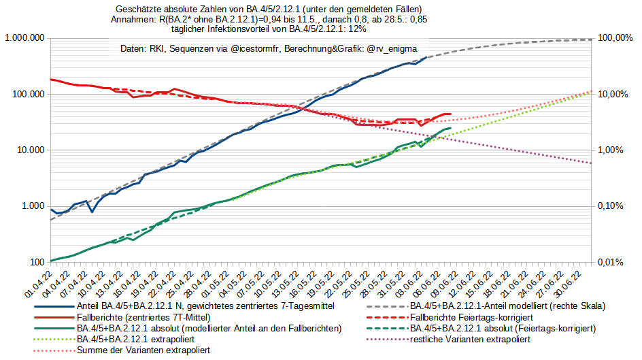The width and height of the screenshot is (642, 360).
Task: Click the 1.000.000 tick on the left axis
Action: point(24,38)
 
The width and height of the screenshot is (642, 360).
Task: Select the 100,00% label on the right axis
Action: point(615,38)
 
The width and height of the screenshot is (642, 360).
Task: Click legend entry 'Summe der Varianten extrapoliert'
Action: point(143,349)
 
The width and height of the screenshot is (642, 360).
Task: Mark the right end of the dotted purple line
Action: point(592,163)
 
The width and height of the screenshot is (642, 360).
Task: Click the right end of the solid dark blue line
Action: point(426,58)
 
